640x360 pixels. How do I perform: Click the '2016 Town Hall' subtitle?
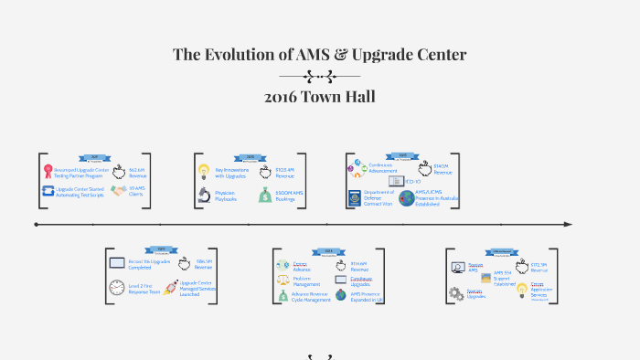tap(319, 96)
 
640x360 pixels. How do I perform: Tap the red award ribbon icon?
tap(48, 170)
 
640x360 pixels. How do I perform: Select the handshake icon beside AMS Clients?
tap(118, 191)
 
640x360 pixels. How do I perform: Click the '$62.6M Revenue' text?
tap(138, 173)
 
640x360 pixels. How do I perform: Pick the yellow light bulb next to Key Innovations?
tap(204, 171)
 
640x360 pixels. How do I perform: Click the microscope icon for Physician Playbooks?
tap(204, 195)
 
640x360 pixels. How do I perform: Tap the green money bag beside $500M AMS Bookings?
tap(263, 195)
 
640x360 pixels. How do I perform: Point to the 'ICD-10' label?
tap(414, 182)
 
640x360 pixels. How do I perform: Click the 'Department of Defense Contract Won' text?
tap(379, 198)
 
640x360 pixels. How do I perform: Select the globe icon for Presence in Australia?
tap(406, 198)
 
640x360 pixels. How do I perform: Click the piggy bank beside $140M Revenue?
tap(425, 169)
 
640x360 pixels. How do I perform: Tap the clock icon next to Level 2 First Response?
tap(116, 288)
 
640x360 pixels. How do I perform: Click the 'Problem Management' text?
tap(305, 281)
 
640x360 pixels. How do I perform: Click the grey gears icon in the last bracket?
tap(455, 293)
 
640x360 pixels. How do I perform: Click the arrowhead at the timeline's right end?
tap(568, 224)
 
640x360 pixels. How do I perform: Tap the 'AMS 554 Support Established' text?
tap(504, 278)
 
